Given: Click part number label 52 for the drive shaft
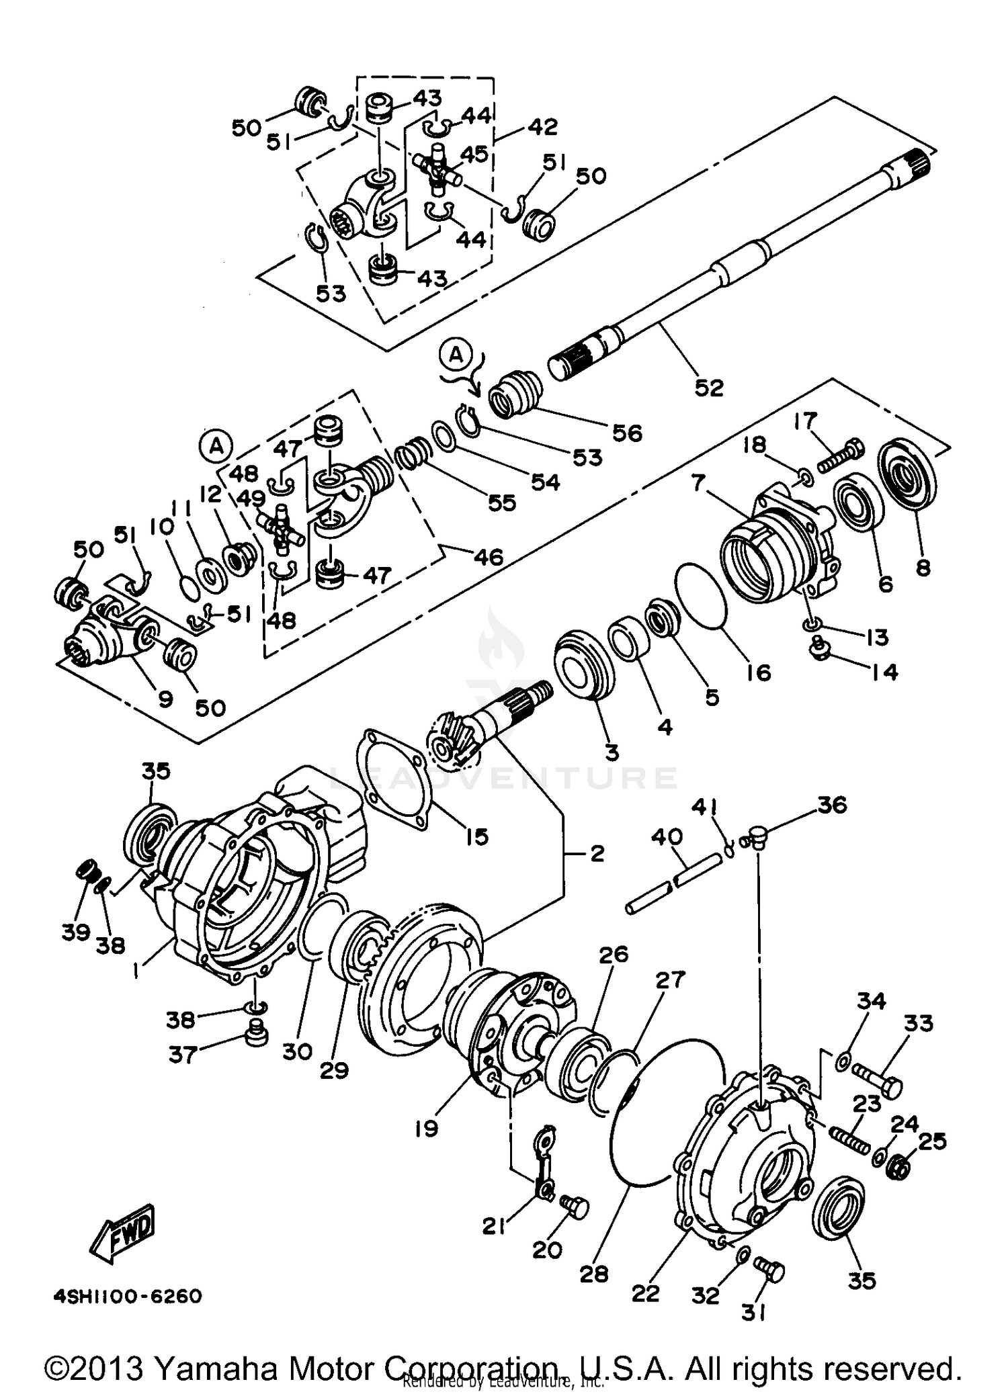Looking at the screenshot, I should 708,388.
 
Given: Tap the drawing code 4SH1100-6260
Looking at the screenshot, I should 128,1295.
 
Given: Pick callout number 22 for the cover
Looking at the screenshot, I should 645,1293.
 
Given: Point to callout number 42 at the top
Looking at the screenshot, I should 543,127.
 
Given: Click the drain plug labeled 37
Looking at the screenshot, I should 255,1033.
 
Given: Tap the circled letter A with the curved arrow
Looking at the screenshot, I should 456,355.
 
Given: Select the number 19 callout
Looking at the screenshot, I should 426,1127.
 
